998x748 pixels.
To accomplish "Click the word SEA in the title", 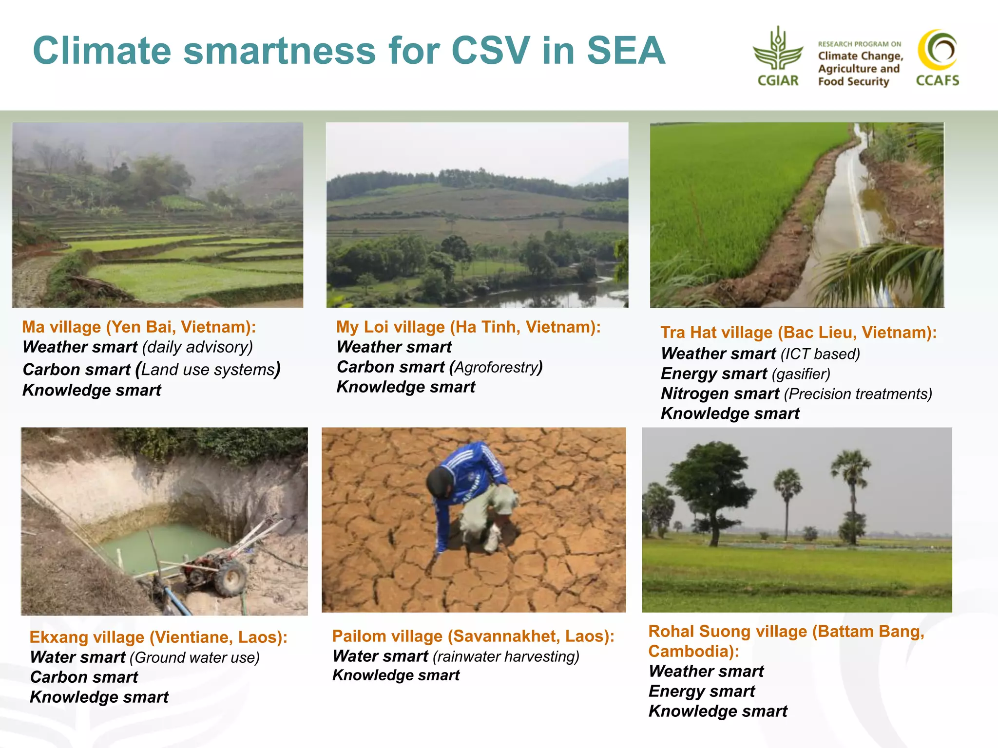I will (x=626, y=51).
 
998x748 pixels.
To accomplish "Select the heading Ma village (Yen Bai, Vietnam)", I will (x=139, y=327).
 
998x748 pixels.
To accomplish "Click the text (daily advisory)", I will (x=197, y=347).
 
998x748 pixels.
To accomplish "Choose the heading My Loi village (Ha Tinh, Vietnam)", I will (x=468, y=327).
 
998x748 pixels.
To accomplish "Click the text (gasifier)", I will (x=801, y=374).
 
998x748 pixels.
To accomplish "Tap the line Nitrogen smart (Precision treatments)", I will (x=796, y=394).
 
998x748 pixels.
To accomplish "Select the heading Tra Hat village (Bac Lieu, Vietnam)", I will (x=798, y=333).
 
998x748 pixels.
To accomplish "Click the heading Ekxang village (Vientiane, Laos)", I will (x=158, y=637).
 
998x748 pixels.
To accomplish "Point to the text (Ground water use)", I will (x=194, y=657).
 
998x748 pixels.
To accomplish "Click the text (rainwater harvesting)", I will (x=506, y=656).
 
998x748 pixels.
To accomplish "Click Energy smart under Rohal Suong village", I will (x=702, y=691).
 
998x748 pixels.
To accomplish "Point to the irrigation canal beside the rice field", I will (x=833, y=219).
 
